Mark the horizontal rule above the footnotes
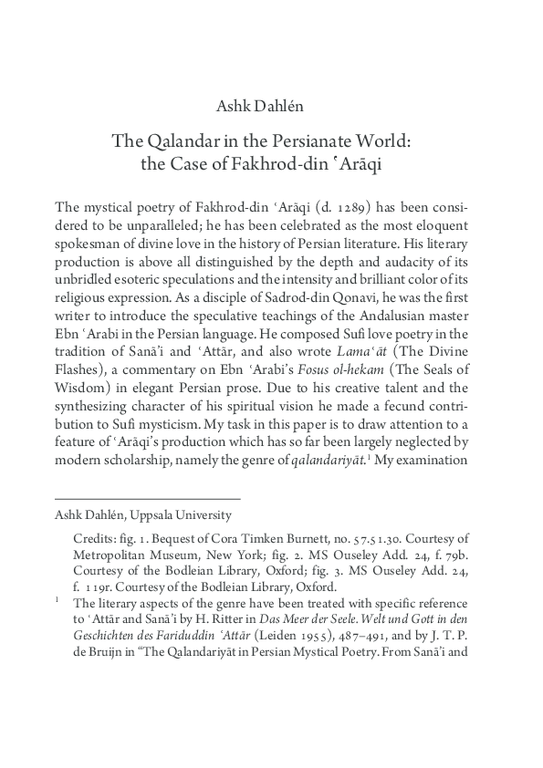pos(148,498)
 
